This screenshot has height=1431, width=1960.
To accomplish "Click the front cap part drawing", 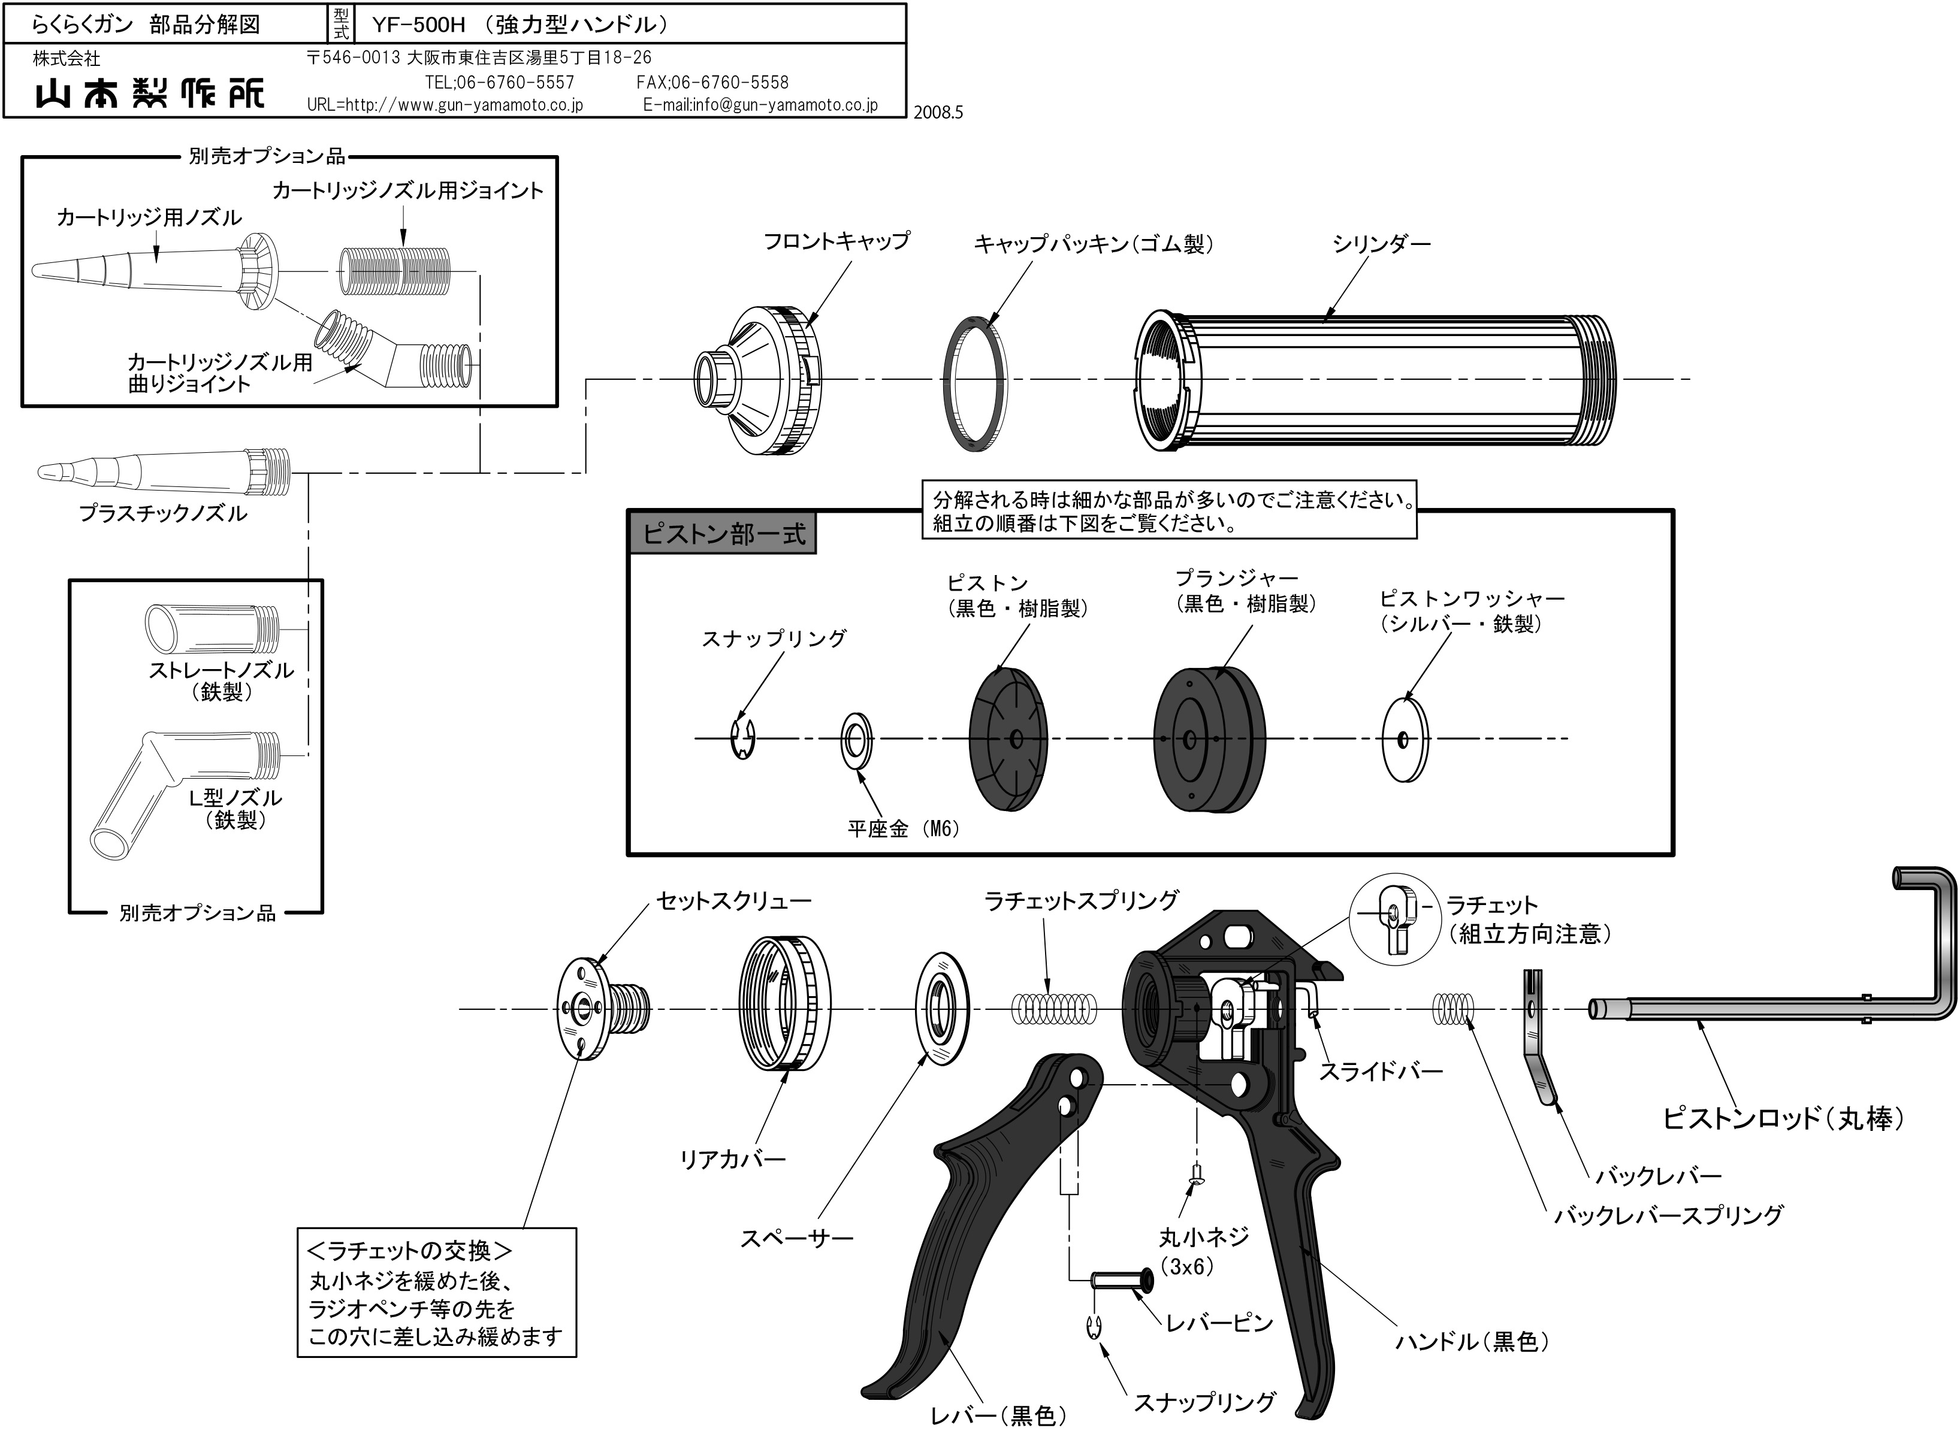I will click(x=758, y=381).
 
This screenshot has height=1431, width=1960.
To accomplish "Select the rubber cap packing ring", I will click(x=974, y=384).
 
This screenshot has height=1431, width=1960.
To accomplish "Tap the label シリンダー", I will click(x=1381, y=244).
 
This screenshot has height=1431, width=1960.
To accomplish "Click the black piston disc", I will click(x=1008, y=738).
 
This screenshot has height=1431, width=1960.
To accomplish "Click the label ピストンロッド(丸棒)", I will click(x=1783, y=1118).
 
